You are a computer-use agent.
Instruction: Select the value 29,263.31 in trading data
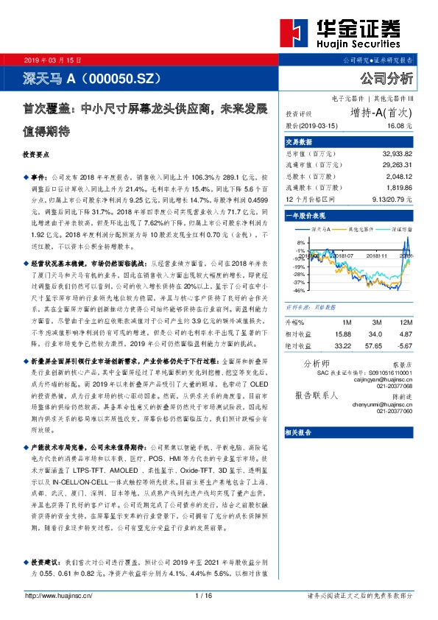(x=397, y=166)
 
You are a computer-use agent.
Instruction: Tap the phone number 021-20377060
(x=394, y=411)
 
